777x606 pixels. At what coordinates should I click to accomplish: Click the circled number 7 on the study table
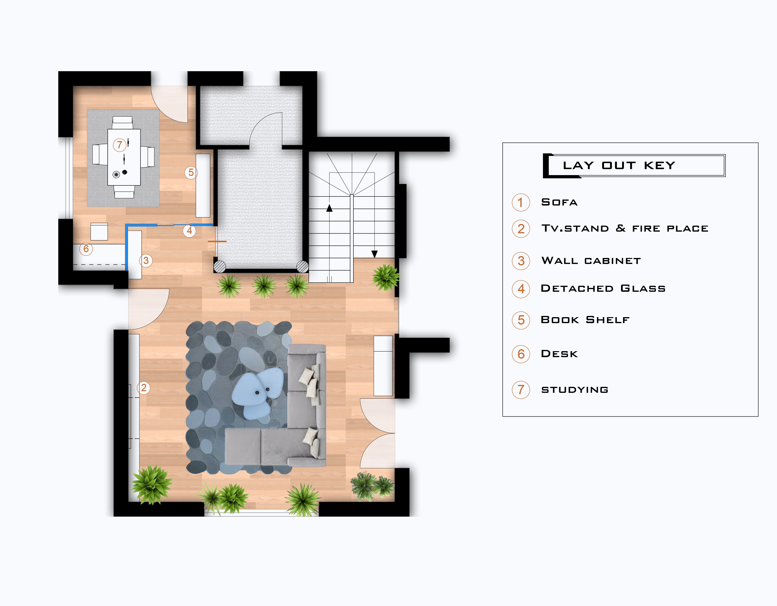[x=120, y=145]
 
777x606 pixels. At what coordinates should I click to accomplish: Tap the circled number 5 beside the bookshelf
[x=191, y=172]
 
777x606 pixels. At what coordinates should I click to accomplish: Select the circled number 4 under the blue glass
[x=189, y=231]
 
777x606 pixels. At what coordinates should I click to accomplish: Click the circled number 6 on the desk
[x=86, y=249]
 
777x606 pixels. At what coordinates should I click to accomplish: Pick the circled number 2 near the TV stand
[x=144, y=388]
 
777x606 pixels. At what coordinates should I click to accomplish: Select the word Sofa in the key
[x=559, y=202]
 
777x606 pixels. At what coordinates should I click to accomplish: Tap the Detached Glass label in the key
[x=603, y=288]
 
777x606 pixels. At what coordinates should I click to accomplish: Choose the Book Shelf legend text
[x=585, y=320]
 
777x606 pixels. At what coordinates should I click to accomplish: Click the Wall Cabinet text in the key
[x=591, y=261]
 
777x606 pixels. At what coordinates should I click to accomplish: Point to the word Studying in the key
[x=575, y=390]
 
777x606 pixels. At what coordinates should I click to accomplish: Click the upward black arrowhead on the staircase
[x=329, y=208]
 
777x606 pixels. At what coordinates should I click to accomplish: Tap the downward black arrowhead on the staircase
[x=374, y=254]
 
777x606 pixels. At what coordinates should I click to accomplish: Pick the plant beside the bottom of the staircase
[x=386, y=277]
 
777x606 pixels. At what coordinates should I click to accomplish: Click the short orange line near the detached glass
[x=217, y=241]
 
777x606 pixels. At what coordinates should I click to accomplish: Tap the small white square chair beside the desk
[x=99, y=232]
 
